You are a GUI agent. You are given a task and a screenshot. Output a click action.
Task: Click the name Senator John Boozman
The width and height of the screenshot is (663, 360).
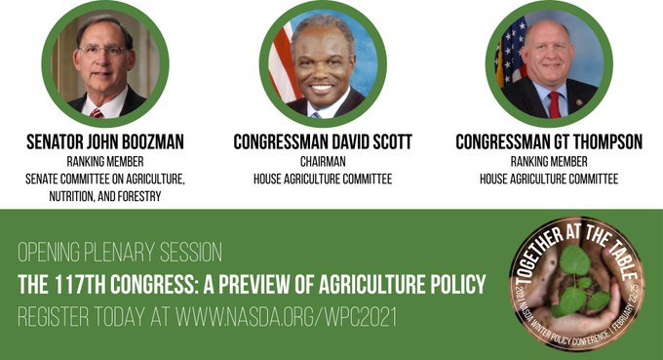point(109,142)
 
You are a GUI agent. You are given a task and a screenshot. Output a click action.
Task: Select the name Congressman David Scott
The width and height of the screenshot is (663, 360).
point(322,142)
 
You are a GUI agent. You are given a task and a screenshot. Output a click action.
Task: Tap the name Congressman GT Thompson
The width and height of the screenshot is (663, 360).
point(549,142)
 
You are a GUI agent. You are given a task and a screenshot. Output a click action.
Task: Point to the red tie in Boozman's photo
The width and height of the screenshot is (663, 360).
point(97,111)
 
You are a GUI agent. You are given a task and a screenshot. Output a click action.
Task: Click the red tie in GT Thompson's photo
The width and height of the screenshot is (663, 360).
point(554,103)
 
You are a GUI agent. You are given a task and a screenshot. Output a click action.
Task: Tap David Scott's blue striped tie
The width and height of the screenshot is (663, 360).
point(317,111)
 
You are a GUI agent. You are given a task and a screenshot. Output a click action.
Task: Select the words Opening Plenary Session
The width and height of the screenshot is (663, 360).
point(120,254)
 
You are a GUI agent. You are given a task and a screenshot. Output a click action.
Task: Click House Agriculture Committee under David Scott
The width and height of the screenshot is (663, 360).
point(322,179)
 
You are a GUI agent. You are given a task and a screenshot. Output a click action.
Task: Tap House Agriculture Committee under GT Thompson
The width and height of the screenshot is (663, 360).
point(549,179)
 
